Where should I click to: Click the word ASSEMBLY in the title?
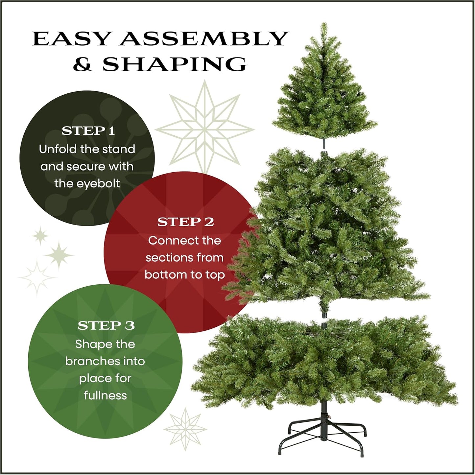coord(204,39)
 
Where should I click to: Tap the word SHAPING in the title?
coord(175,64)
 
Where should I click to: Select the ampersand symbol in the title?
coord(82,64)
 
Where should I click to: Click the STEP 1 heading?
coord(88,131)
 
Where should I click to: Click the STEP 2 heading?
coord(185,222)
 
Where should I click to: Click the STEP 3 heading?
coord(106,325)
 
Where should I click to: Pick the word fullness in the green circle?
coord(105,395)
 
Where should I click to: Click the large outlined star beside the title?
coord(204,129)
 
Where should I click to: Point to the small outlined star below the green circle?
coord(185,429)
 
